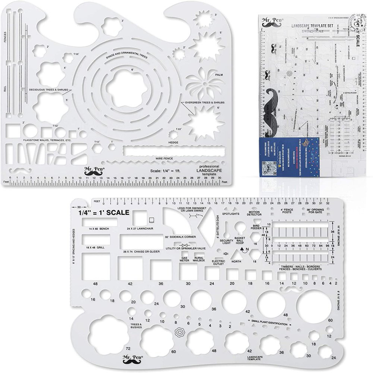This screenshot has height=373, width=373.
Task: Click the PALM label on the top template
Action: [219, 74]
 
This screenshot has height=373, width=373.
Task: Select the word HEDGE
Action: [173, 142]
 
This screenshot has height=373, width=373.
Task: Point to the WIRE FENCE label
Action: [164, 159]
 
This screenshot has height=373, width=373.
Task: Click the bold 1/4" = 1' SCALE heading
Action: [104, 213]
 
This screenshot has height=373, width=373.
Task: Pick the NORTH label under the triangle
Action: [236, 261]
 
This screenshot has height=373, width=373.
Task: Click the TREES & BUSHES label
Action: [136, 326]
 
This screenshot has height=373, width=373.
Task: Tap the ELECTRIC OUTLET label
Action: [218, 263]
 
